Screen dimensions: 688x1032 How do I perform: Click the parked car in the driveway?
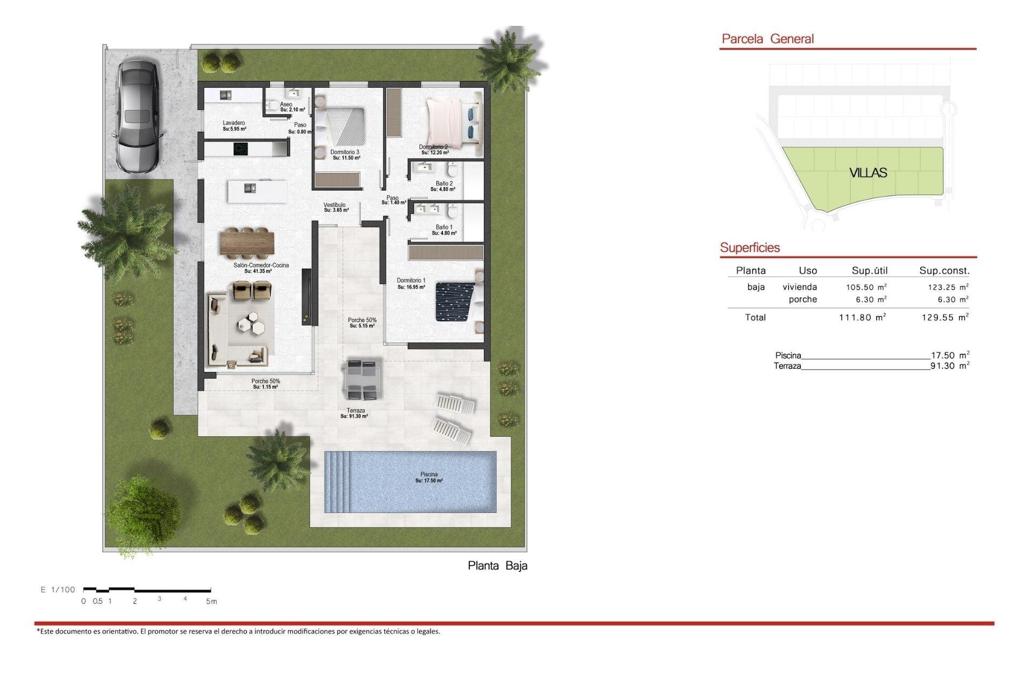point(137,116)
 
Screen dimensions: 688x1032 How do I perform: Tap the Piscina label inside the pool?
point(428,477)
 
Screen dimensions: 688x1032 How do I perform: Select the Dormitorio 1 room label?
point(411,283)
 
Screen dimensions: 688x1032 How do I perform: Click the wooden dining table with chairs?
point(247,242)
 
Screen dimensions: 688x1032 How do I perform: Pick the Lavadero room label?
point(234,126)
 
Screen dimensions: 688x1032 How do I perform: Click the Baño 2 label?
point(444,186)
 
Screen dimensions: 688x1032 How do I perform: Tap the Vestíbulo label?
point(335,207)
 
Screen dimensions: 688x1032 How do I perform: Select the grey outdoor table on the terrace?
point(362,379)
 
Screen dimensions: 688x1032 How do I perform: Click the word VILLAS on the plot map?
point(868,173)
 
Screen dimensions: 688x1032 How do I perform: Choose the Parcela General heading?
point(767,39)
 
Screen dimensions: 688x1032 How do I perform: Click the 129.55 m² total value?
point(944,317)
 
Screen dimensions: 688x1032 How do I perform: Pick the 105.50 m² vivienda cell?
point(866,287)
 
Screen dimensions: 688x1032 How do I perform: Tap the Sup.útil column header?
point(869,270)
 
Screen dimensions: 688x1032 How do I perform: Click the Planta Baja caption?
point(497,565)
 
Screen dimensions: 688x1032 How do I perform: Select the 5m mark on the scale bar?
point(211,601)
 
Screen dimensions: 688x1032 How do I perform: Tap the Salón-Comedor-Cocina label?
point(261,268)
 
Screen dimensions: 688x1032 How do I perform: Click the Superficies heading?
point(749,248)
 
